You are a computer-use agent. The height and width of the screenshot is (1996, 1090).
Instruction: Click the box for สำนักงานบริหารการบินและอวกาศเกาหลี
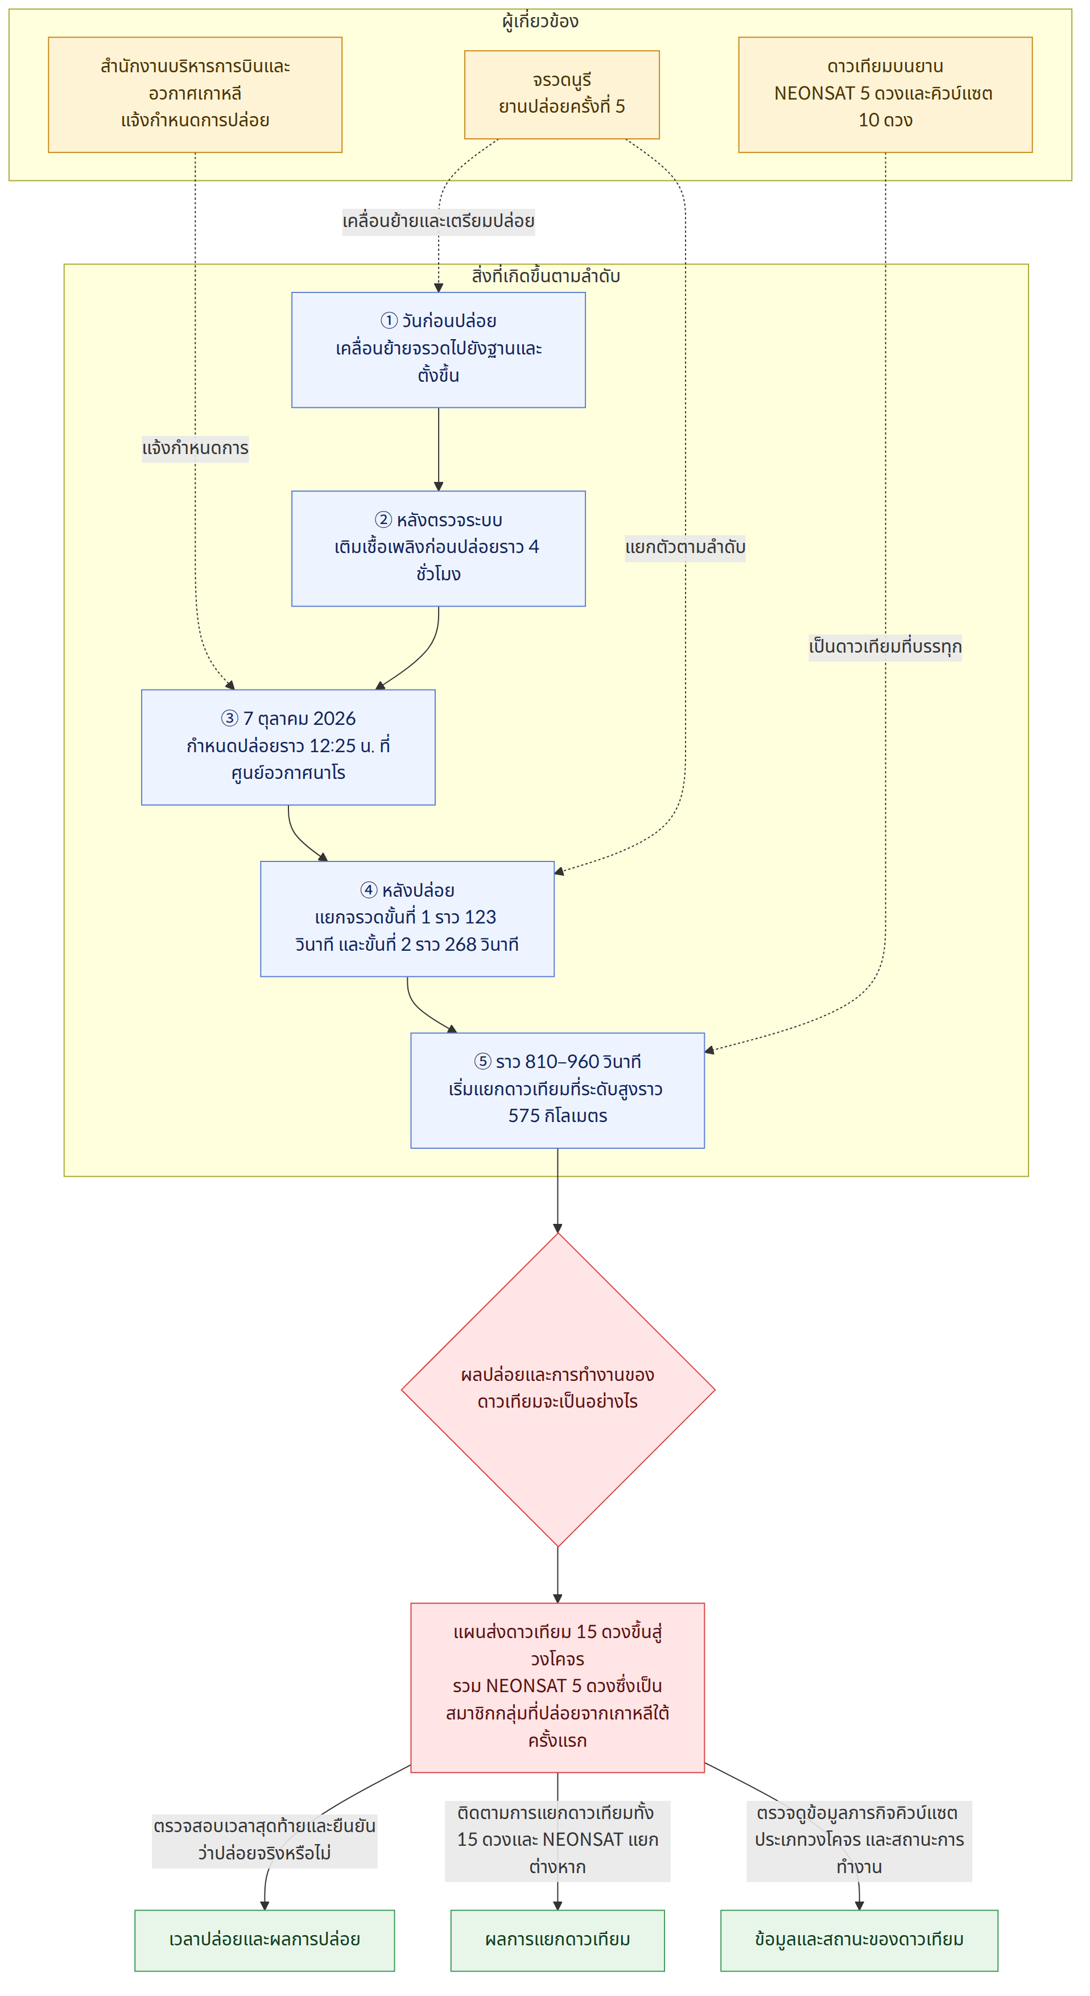195,94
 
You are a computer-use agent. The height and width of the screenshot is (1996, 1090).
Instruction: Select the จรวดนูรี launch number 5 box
561,94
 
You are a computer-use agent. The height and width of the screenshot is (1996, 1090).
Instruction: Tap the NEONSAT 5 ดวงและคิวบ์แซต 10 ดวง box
885,94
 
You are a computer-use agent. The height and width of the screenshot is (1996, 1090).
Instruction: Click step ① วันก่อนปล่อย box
439,349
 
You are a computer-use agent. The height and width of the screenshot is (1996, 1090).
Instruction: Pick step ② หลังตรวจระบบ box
439,549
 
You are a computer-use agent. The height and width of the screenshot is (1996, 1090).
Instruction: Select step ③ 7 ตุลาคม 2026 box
288,747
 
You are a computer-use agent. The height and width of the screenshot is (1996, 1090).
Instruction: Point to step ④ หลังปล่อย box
407,919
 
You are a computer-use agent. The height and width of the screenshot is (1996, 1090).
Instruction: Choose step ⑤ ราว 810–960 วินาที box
558,1090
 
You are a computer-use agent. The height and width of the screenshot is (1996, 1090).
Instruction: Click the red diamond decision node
558,1389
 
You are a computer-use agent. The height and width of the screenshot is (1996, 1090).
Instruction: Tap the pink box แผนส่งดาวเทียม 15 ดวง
558,1688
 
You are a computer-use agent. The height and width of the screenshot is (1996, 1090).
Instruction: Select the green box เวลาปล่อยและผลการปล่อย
265,1940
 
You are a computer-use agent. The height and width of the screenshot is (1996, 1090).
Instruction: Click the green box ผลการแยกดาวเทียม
558,1940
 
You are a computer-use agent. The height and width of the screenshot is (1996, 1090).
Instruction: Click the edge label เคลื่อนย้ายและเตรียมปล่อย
439,221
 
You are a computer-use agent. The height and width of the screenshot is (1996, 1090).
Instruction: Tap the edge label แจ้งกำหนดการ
195,448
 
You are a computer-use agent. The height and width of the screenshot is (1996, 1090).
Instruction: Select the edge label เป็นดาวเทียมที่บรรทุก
885,647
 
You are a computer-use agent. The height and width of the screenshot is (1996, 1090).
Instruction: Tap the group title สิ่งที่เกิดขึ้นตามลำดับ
546,277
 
